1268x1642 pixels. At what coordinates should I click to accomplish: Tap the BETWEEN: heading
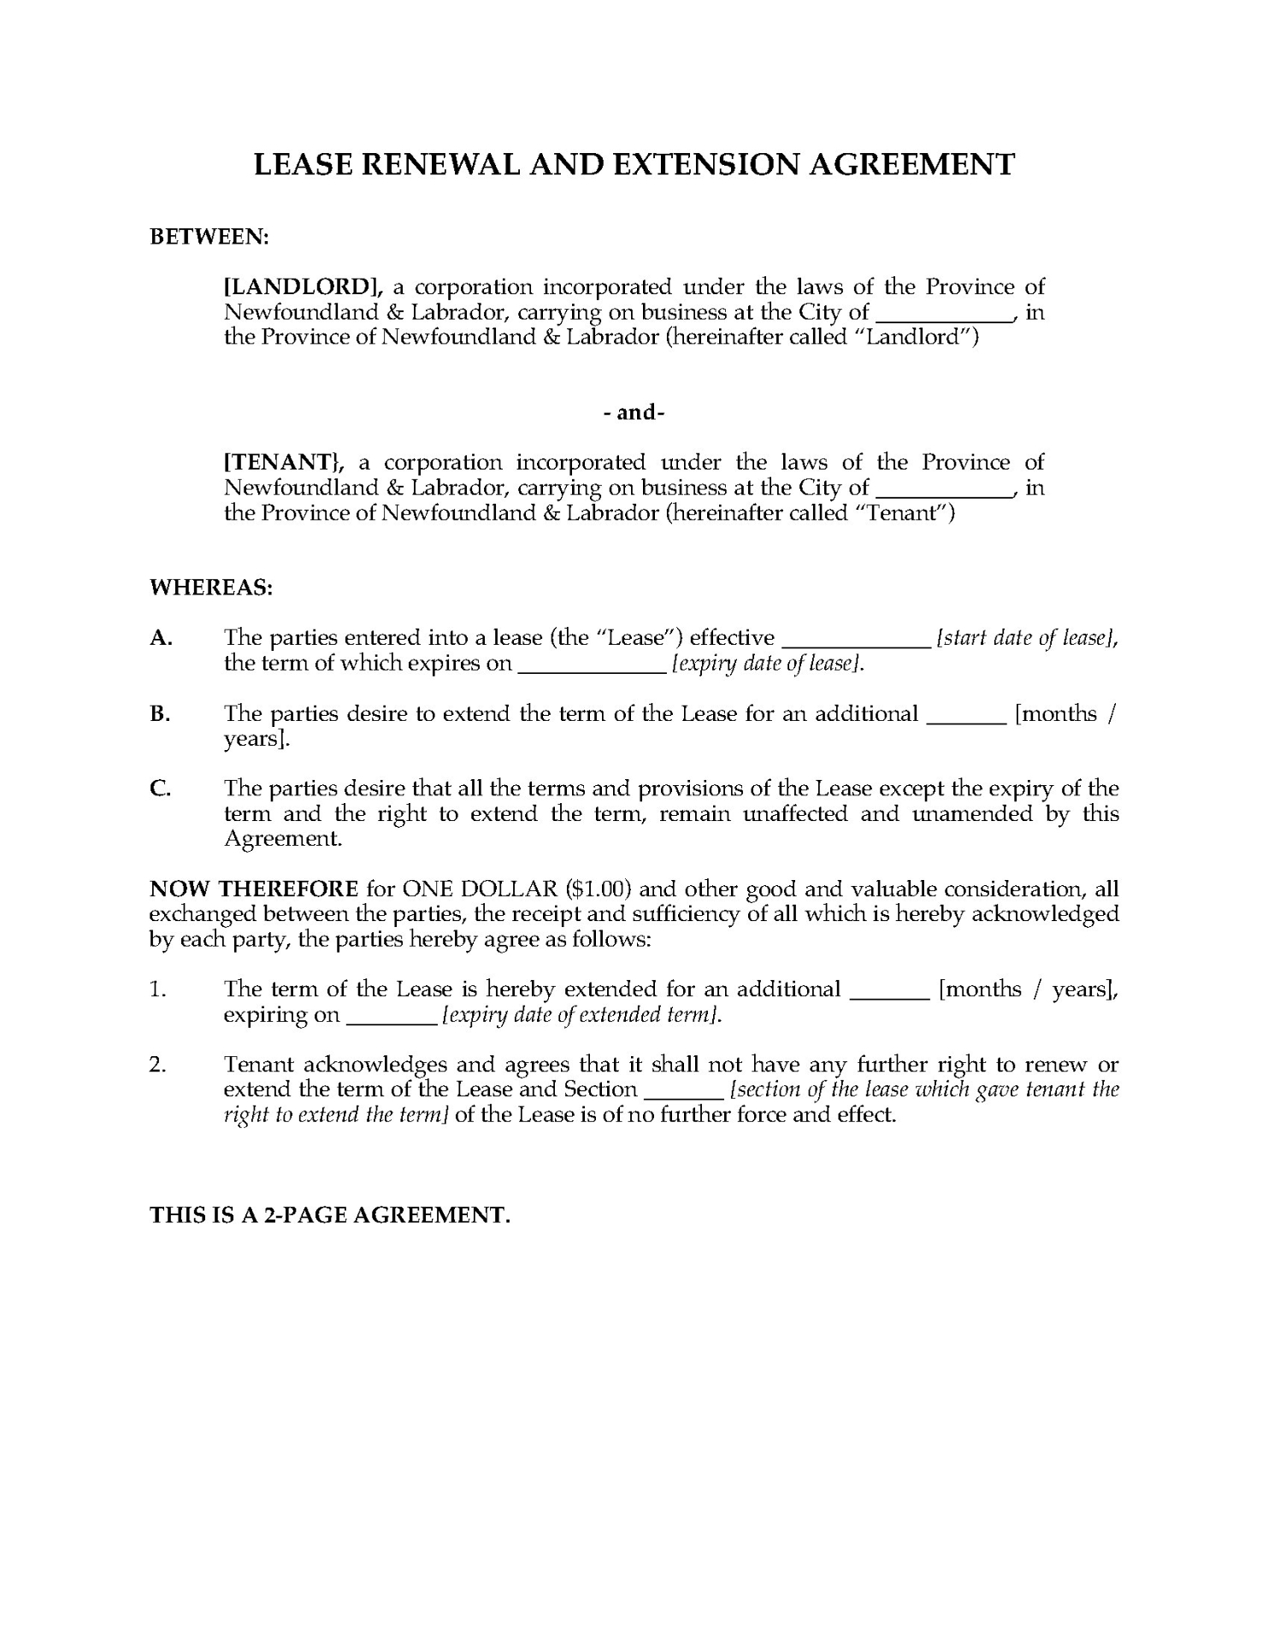(209, 237)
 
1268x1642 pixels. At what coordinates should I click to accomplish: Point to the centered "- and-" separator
(634, 412)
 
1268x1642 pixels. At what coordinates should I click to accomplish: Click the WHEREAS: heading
(211, 588)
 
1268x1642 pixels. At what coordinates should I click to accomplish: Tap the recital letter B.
(160, 714)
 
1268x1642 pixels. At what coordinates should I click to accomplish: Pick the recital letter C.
(160, 789)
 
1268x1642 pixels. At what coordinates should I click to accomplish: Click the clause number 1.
(156, 989)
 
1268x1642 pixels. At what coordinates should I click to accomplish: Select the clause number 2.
(156, 1065)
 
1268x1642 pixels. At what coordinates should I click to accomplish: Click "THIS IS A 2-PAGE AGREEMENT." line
(330, 1214)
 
